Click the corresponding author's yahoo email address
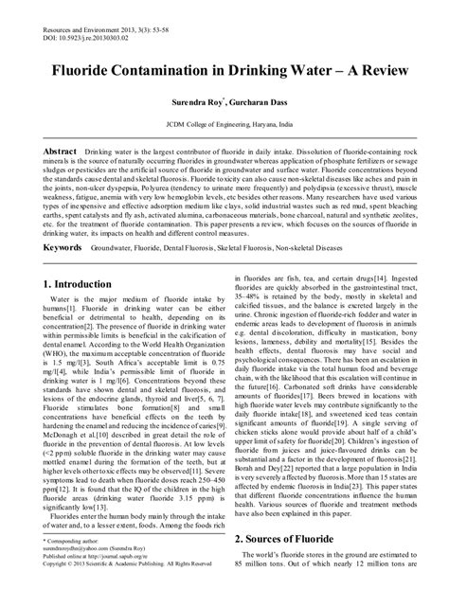(80, 574)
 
